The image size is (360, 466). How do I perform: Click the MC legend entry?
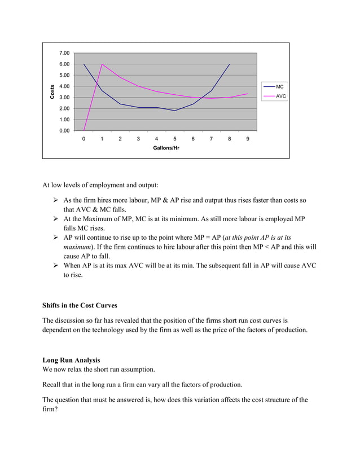click(x=279, y=87)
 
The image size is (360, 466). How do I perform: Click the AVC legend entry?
click(x=280, y=96)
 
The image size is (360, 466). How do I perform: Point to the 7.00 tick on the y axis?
click(x=65, y=53)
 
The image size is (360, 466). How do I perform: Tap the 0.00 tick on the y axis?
click(x=65, y=131)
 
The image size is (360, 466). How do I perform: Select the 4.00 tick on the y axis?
click(x=65, y=86)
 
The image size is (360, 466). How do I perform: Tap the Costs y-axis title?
click(x=52, y=92)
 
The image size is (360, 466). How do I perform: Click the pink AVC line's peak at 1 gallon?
click(x=102, y=64)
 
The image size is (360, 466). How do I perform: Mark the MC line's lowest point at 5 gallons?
click(x=175, y=111)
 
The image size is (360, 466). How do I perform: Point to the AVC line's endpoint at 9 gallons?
click(x=248, y=94)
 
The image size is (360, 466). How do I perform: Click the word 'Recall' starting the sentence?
click(x=53, y=385)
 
